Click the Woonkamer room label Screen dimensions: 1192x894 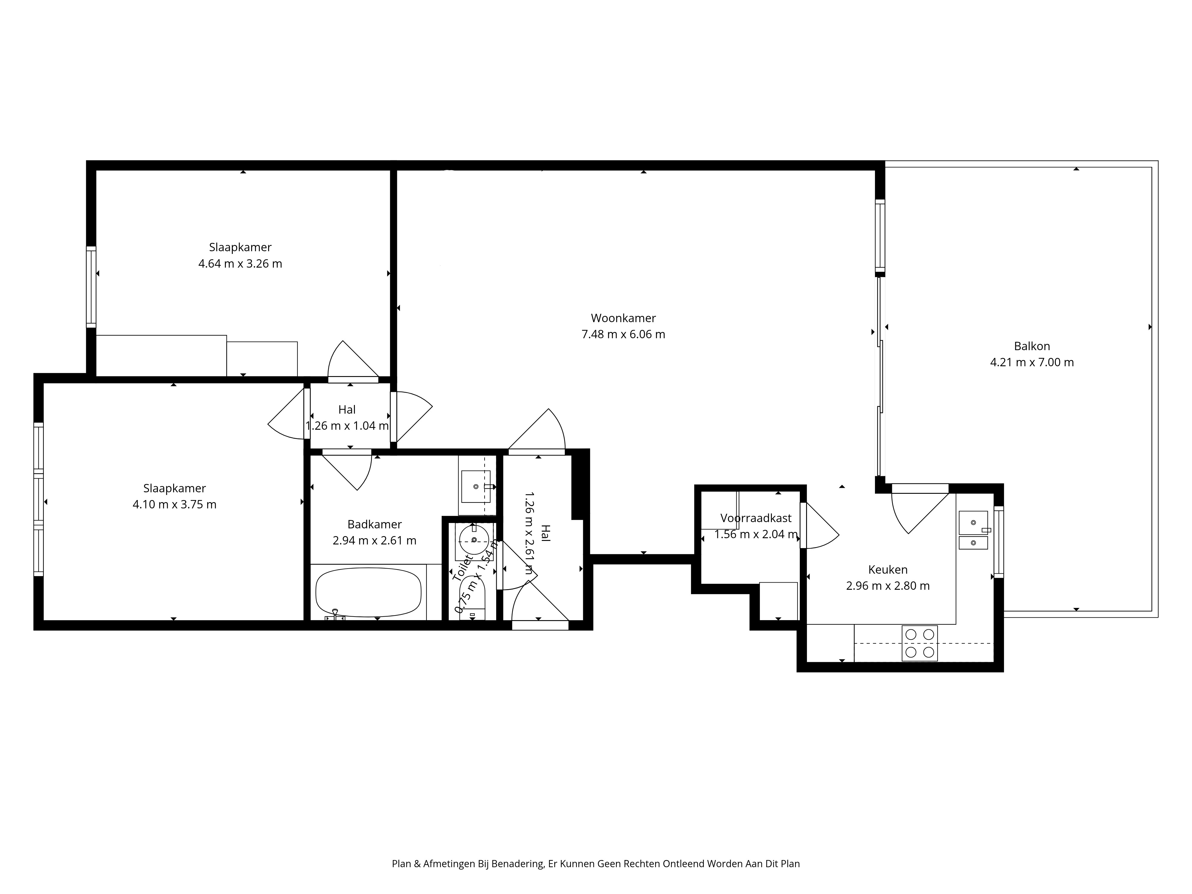[623, 318]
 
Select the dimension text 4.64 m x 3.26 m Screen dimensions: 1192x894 [240, 263]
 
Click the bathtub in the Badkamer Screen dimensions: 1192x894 [369, 592]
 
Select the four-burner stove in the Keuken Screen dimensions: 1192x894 [919, 643]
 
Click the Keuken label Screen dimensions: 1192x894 [887, 569]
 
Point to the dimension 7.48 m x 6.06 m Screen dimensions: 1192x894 [623, 334]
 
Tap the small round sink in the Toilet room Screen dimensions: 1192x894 [474, 539]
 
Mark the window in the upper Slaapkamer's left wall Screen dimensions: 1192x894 [91, 287]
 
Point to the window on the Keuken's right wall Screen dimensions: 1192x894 [999, 541]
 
